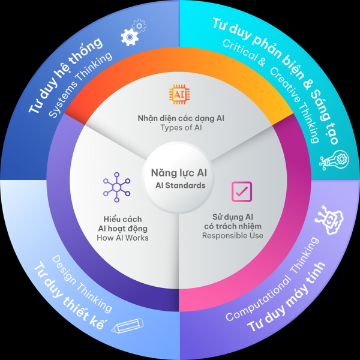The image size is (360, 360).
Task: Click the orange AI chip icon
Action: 179,94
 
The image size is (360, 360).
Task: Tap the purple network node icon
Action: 116,187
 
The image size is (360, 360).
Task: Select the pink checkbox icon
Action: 242,192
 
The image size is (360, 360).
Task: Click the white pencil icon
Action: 127,325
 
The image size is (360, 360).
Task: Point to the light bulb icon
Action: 334,160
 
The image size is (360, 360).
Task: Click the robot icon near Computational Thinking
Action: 329,220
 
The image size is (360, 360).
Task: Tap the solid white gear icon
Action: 130,37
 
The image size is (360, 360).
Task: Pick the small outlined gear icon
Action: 139,25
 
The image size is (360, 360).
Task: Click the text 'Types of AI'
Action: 181,128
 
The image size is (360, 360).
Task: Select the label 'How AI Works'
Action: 122,238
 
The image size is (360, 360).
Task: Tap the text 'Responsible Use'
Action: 233,236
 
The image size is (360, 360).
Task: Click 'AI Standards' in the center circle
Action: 181,185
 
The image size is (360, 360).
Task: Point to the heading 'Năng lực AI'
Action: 179,173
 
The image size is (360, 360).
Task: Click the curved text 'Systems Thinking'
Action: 81,85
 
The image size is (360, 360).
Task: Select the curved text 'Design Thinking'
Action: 82,284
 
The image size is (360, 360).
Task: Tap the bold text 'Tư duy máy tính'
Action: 286,297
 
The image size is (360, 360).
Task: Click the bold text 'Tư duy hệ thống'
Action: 65,75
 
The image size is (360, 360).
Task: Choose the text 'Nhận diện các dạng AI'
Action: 181,118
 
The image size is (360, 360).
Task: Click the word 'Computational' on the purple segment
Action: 258,298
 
